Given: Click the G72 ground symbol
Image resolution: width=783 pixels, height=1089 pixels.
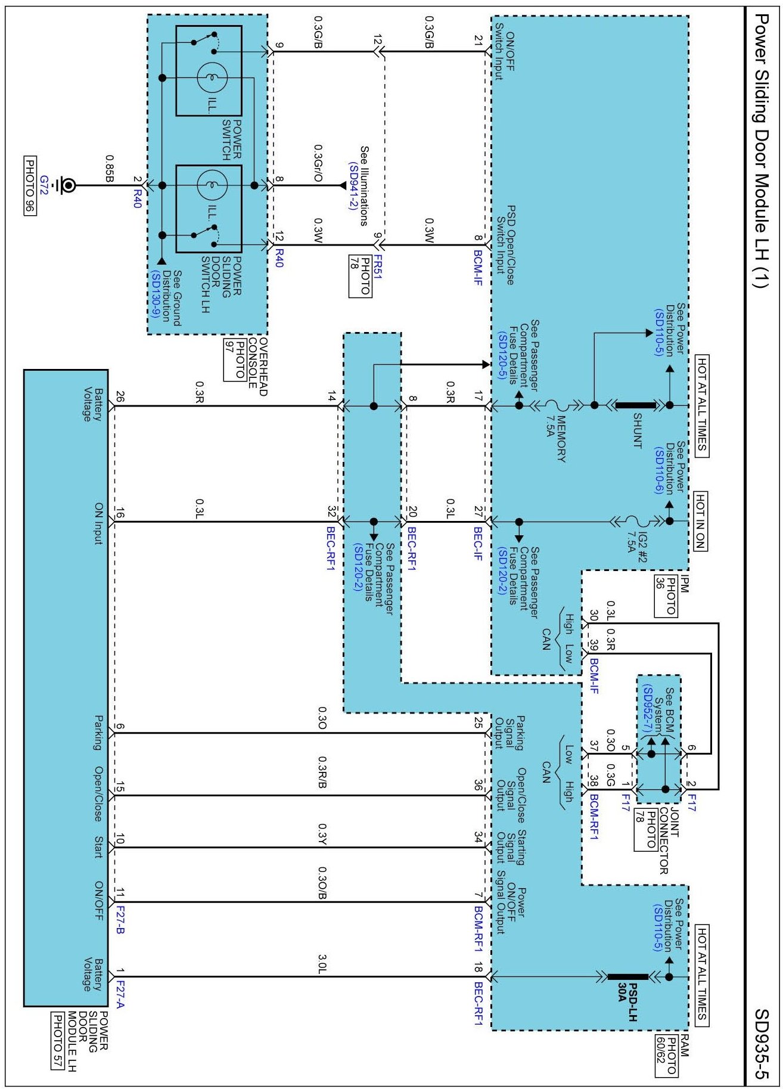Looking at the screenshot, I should [x=68, y=185].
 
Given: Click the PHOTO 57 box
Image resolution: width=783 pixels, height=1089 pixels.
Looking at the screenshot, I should [x=57, y=1041].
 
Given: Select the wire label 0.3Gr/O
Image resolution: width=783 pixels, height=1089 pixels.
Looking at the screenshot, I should [x=319, y=163].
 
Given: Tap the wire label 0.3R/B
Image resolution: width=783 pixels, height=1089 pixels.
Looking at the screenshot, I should [x=322, y=772].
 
